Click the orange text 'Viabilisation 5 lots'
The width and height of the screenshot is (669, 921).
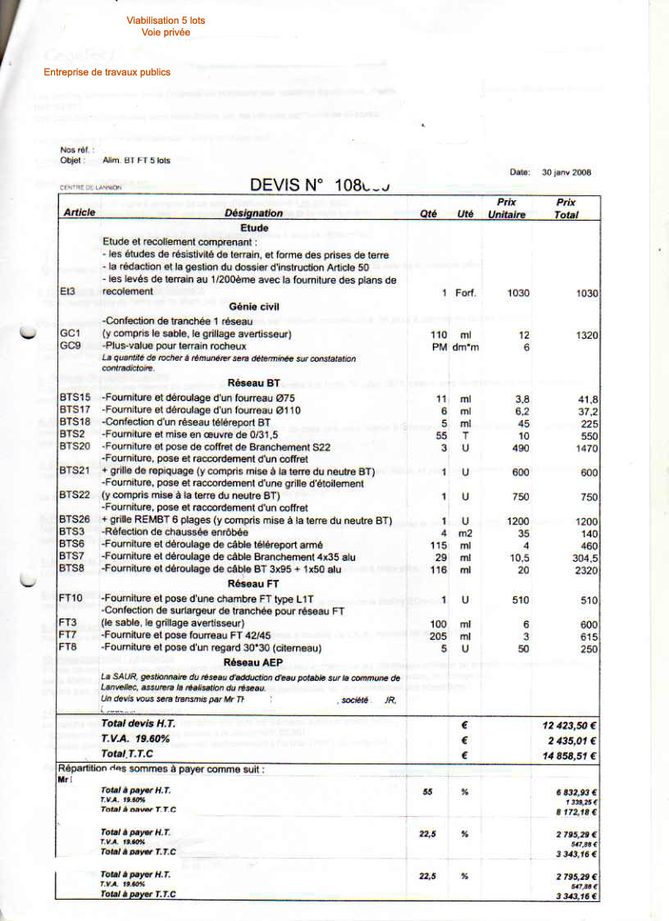[x=166, y=21]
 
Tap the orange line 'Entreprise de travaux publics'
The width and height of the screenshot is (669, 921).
[x=107, y=72]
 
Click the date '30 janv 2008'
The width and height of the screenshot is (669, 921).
[x=567, y=173]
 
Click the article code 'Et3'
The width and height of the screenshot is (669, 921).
[x=67, y=291]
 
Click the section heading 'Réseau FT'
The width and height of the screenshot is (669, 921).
[x=254, y=583]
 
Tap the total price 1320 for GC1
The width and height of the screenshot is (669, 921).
[x=587, y=335]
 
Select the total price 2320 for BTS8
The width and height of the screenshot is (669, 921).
[x=587, y=569]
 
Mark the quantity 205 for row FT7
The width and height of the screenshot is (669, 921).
[x=439, y=636]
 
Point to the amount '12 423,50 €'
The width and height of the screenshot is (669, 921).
[x=569, y=726]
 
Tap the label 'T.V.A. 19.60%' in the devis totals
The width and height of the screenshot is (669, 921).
[x=134, y=741]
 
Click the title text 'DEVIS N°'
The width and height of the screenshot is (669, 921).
[x=288, y=185]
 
